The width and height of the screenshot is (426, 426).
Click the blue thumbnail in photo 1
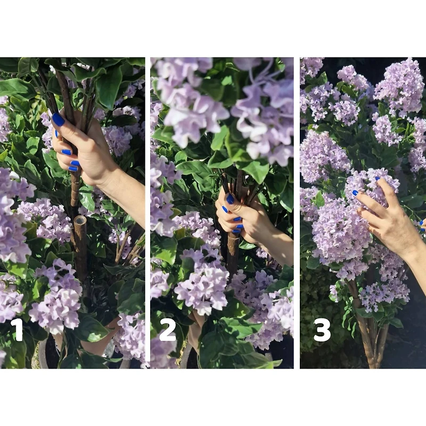click(x=58, y=119)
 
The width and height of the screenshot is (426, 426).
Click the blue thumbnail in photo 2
click(x=230, y=199)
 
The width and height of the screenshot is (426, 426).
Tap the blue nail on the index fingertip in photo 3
click(x=355, y=193)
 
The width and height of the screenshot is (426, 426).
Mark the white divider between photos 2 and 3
click(x=297, y=213)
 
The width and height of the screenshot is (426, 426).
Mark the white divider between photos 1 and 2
click(x=148, y=213)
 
